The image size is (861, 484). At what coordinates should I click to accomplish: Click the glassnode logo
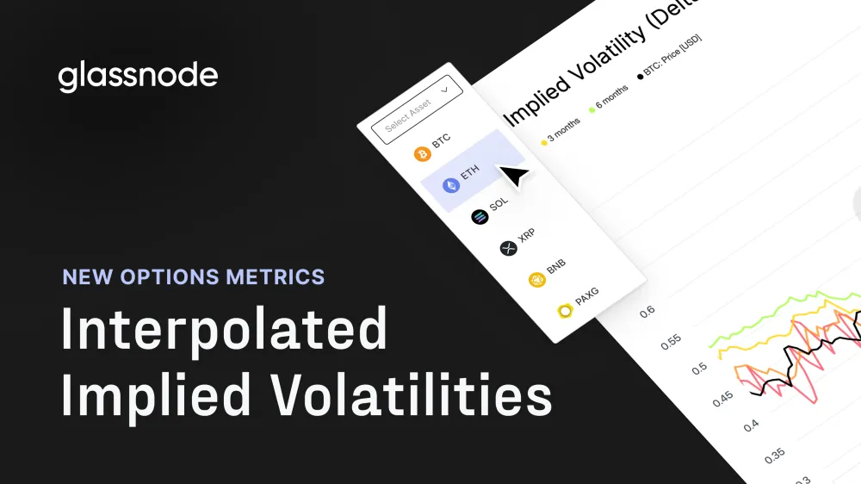point(138,76)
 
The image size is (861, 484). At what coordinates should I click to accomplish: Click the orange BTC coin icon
point(422,154)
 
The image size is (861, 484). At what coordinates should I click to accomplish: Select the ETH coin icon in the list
point(451,185)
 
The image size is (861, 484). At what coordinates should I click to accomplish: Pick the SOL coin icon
point(480,216)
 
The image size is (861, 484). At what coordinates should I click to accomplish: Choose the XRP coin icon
point(508,248)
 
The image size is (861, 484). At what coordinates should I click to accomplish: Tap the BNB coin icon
point(537,279)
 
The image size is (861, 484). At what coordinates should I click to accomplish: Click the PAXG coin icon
point(566,310)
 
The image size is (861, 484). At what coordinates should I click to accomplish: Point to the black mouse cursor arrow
point(514,177)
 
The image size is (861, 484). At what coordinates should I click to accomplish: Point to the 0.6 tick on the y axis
point(647,310)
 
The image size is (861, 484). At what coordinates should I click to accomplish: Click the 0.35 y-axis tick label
point(776,454)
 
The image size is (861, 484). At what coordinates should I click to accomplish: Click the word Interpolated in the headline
point(224,331)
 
